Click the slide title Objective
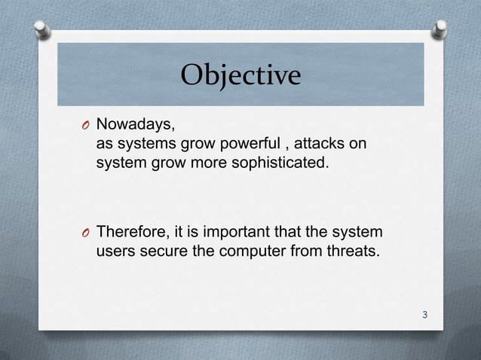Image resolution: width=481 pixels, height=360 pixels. (x=240, y=75)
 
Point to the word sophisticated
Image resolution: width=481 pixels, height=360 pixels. (x=289, y=160)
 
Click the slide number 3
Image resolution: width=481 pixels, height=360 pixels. (x=425, y=315)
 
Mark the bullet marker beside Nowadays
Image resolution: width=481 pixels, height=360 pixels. (x=86, y=125)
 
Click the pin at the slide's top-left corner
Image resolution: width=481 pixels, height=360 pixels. (x=44, y=29)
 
